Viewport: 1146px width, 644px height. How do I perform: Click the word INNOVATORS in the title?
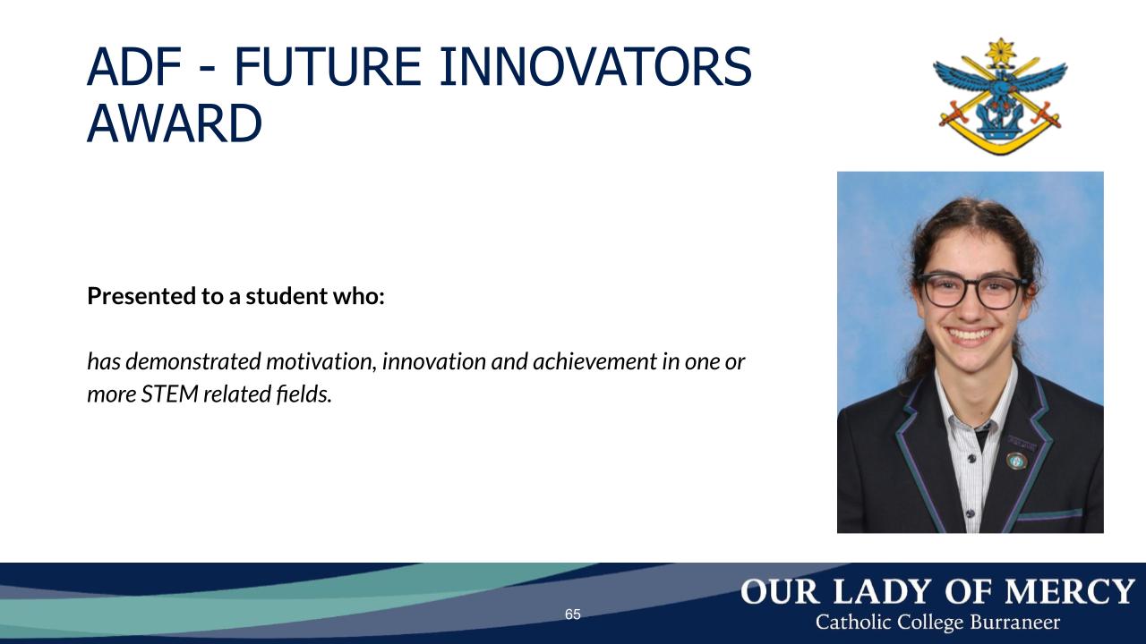(x=595, y=66)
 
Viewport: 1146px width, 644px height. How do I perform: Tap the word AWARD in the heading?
(x=175, y=123)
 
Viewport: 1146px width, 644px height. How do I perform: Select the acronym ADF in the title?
(x=134, y=66)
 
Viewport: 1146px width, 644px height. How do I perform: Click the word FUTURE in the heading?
(x=329, y=66)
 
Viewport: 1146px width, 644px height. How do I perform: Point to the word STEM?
(x=169, y=394)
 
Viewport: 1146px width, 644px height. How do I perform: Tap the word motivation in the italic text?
(x=321, y=361)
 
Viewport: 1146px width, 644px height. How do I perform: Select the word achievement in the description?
(x=594, y=361)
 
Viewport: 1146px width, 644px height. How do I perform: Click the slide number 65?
(x=572, y=614)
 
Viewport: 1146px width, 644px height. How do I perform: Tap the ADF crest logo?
(x=1000, y=96)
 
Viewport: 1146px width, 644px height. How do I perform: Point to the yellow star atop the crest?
(x=1001, y=51)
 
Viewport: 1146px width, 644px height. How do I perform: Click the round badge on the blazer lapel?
(x=1017, y=461)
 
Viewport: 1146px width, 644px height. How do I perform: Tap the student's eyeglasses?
(x=972, y=291)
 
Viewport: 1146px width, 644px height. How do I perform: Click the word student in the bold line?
(x=286, y=296)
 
